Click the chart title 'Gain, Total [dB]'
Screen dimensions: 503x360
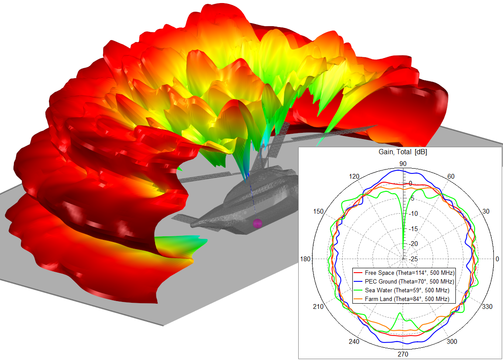pyautogui.click(x=403, y=152)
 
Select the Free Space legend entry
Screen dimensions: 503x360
pyautogui.click(x=404, y=273)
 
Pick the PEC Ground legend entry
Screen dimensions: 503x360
pyautogui.click(x=404, y=281)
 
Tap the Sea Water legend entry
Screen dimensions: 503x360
pyautogui.click(x=401, y=290)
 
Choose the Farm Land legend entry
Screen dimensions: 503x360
pyautogui.click(x=401, y=299)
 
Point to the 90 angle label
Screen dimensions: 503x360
pyautogui.click(x=403, y=164)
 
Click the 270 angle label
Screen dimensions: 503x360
pyautogui.click(x=403, y=354)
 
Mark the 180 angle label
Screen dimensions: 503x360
pyautogui.click(x=305, y=259)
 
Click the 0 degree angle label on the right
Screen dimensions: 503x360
pyautogui.click(x=497, y=259)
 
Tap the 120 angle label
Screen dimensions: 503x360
pyautogui.click(x=354, y=177)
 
